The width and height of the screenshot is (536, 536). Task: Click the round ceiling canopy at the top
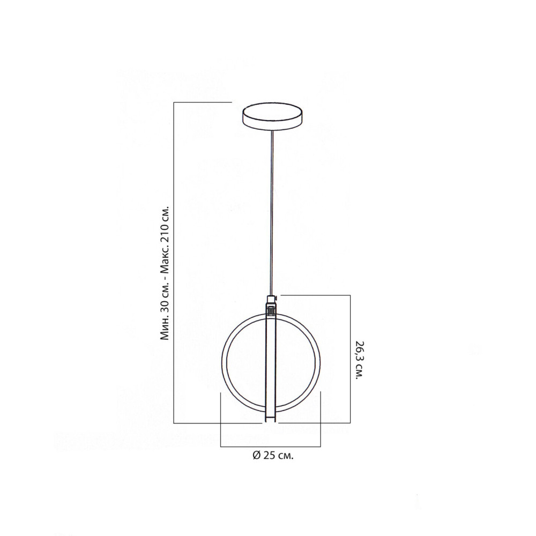[x=272, y=117]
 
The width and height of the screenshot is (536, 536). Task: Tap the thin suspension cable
[x=272, y=214]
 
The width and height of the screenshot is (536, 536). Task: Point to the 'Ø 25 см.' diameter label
[x=273, y=456]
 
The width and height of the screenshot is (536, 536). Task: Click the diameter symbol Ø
[x=257, y=456]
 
